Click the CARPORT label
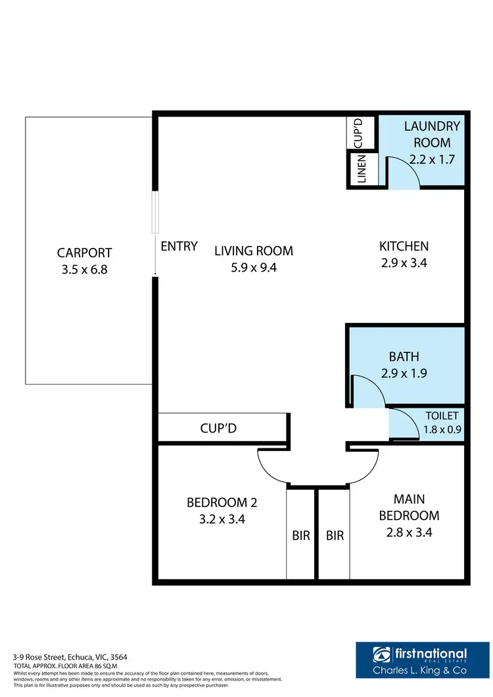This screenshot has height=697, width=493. coord(84,252)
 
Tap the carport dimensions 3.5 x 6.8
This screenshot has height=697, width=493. coord(84,269)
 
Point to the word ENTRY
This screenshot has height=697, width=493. coord(179,247)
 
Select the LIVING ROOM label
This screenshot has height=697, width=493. coord(254,251)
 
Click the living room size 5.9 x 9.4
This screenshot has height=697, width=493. coord(254,267)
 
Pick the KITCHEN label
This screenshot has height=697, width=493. coord(404,247)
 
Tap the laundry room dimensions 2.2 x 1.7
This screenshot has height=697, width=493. coord(432,159)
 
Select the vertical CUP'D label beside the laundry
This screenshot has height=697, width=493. coord(359,132)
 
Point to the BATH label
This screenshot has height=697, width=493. coord(404,357)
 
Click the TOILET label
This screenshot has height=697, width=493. coord(442,416)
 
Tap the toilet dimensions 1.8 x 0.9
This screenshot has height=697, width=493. coord(442,429)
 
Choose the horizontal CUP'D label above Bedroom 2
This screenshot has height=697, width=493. coord(218,428)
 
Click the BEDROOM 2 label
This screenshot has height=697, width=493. coord(222,503)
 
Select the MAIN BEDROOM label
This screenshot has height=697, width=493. coord(408,507)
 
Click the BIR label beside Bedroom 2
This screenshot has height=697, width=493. coord(301,536)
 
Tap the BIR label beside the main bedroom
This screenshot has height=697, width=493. coord(335,536)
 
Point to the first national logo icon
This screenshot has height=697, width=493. coord(382,656)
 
